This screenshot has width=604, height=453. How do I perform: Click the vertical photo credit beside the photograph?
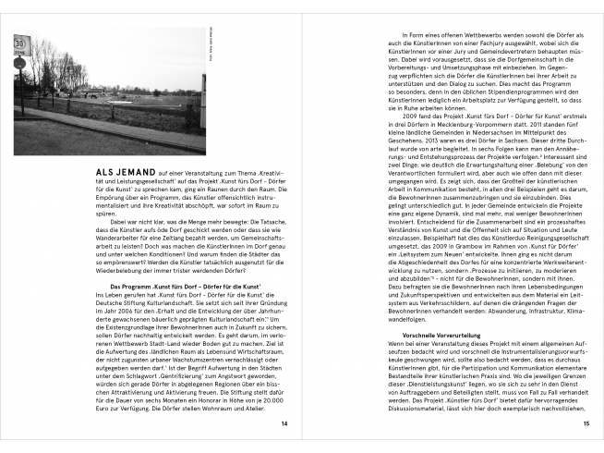click(x=211, y=50)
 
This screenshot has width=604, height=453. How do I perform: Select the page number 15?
click(x=586, y=423)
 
